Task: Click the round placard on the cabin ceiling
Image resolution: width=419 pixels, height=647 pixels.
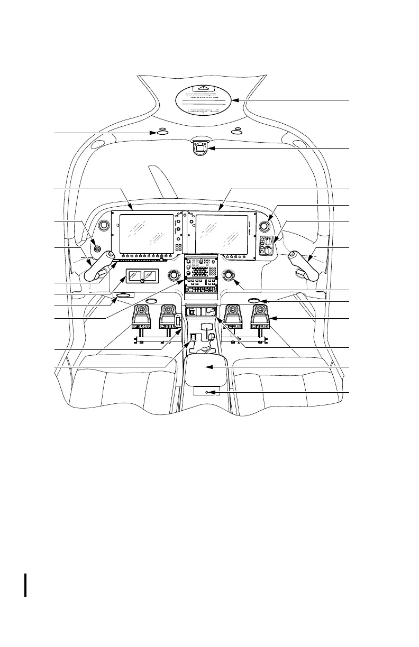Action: click(203, 101)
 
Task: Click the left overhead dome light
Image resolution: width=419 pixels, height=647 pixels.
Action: click(162, 133)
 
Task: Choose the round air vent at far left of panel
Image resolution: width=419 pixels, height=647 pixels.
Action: click(104, 225)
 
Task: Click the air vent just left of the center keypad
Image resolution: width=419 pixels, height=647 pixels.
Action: click(173, 275)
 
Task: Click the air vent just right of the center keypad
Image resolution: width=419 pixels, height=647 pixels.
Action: click(229, 275)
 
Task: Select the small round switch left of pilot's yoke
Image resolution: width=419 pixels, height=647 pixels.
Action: click(96, 248)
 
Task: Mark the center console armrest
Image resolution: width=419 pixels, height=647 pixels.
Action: click(206, 368)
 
